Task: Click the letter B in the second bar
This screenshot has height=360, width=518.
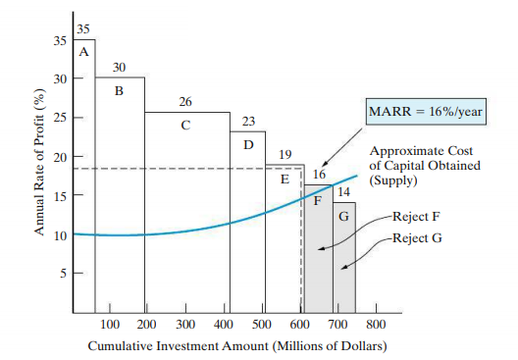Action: click(x=119, y=91)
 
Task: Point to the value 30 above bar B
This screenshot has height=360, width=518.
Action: click(x=119, y=68)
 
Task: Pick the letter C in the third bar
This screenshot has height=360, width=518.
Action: click(x=185, y=126)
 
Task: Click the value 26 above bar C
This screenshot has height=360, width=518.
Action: click(x=185, y=102)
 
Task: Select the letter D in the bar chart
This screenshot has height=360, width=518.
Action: click(x=248, y=144)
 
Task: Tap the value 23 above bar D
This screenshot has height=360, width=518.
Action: click(x=248, y=122)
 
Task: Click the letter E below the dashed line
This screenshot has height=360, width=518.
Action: click(x=285, y=180)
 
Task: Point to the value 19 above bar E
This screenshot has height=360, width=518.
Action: click(x=285, y=155)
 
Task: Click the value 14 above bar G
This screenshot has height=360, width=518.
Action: click(x=344, y=192)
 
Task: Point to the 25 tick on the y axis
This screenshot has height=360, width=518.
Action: click(x=60, y=118)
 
